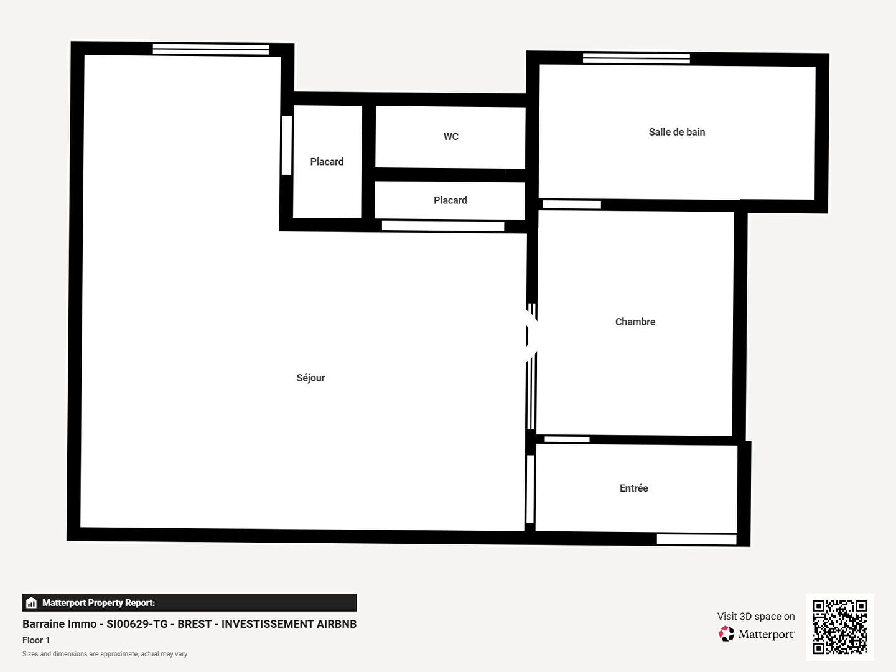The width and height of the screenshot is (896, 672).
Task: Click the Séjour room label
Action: point(310,378)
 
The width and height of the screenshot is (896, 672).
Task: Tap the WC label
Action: point(450,136)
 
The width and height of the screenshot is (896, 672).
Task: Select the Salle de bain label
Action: point(677,132)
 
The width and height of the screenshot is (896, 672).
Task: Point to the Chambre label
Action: point(635,322)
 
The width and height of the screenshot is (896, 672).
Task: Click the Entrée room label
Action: point(633,488)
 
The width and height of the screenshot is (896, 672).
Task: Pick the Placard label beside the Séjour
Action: point(327,162)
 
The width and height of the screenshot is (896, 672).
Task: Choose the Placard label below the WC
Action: point(450,200)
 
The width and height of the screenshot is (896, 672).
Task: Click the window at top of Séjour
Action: point(211,49)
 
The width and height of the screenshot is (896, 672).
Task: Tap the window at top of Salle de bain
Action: point(636,58)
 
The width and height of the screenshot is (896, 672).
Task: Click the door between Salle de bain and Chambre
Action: point(571,205)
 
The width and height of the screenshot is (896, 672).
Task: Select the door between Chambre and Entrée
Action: point(567,439)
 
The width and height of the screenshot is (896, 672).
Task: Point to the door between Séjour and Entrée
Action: point(530,489)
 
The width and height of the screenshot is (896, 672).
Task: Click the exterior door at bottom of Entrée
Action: point(696,539)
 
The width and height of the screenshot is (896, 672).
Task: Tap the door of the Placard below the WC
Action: point(443,226)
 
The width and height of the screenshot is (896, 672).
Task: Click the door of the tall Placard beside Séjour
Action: point(287,145)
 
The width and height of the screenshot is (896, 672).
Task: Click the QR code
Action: point(839,627)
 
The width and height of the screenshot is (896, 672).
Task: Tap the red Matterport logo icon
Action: point(726,633)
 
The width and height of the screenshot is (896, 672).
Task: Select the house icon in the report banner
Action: point(32,603)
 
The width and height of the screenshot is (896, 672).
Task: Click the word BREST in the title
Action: point(192,624)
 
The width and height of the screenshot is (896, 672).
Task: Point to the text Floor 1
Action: point(36,640)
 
